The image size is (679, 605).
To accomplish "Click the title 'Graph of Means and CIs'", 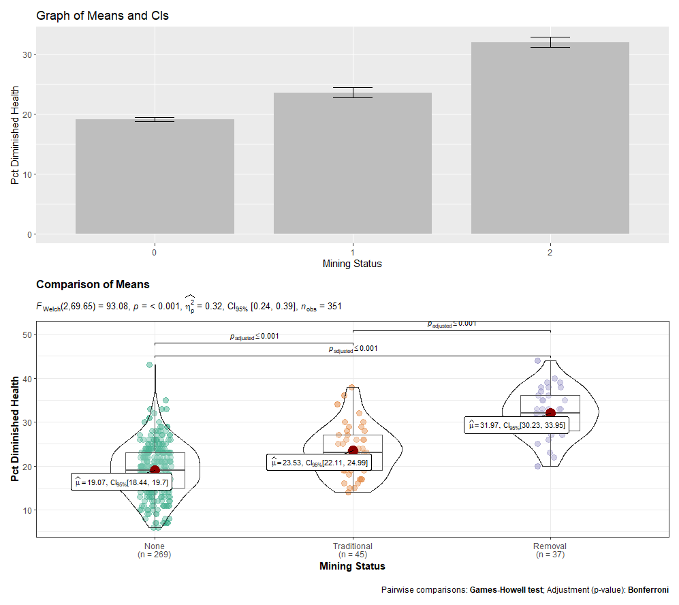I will tap(102, 16).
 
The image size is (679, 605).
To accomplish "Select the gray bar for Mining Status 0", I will tap(155, 177).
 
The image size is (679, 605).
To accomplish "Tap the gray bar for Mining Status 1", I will tap(352, 164).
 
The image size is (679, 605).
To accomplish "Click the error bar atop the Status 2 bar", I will tap(550, 42).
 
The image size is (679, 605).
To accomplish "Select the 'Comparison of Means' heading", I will tap(93, 284).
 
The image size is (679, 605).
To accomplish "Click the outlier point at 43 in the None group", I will tap(150, 365).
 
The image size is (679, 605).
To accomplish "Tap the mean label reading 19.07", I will tap(121, 482).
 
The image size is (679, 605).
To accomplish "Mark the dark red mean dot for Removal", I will tap(550, 414).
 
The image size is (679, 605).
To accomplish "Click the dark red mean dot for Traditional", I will tap(353, 450).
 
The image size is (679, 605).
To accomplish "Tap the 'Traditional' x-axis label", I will tap(352, 546).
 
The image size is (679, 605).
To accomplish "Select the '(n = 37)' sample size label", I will tap(550, 555).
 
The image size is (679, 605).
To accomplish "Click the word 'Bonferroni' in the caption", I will tap(648, 589).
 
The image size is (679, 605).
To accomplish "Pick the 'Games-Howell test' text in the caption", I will tap(505, 589).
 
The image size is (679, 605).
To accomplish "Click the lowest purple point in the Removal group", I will tap(538, 466).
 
